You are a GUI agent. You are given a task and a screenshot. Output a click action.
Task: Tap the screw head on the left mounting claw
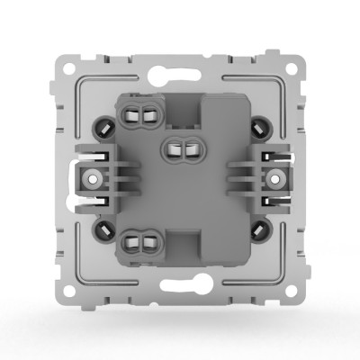[92, 178]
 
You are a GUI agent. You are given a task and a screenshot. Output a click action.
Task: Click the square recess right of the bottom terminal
[184, 242]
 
